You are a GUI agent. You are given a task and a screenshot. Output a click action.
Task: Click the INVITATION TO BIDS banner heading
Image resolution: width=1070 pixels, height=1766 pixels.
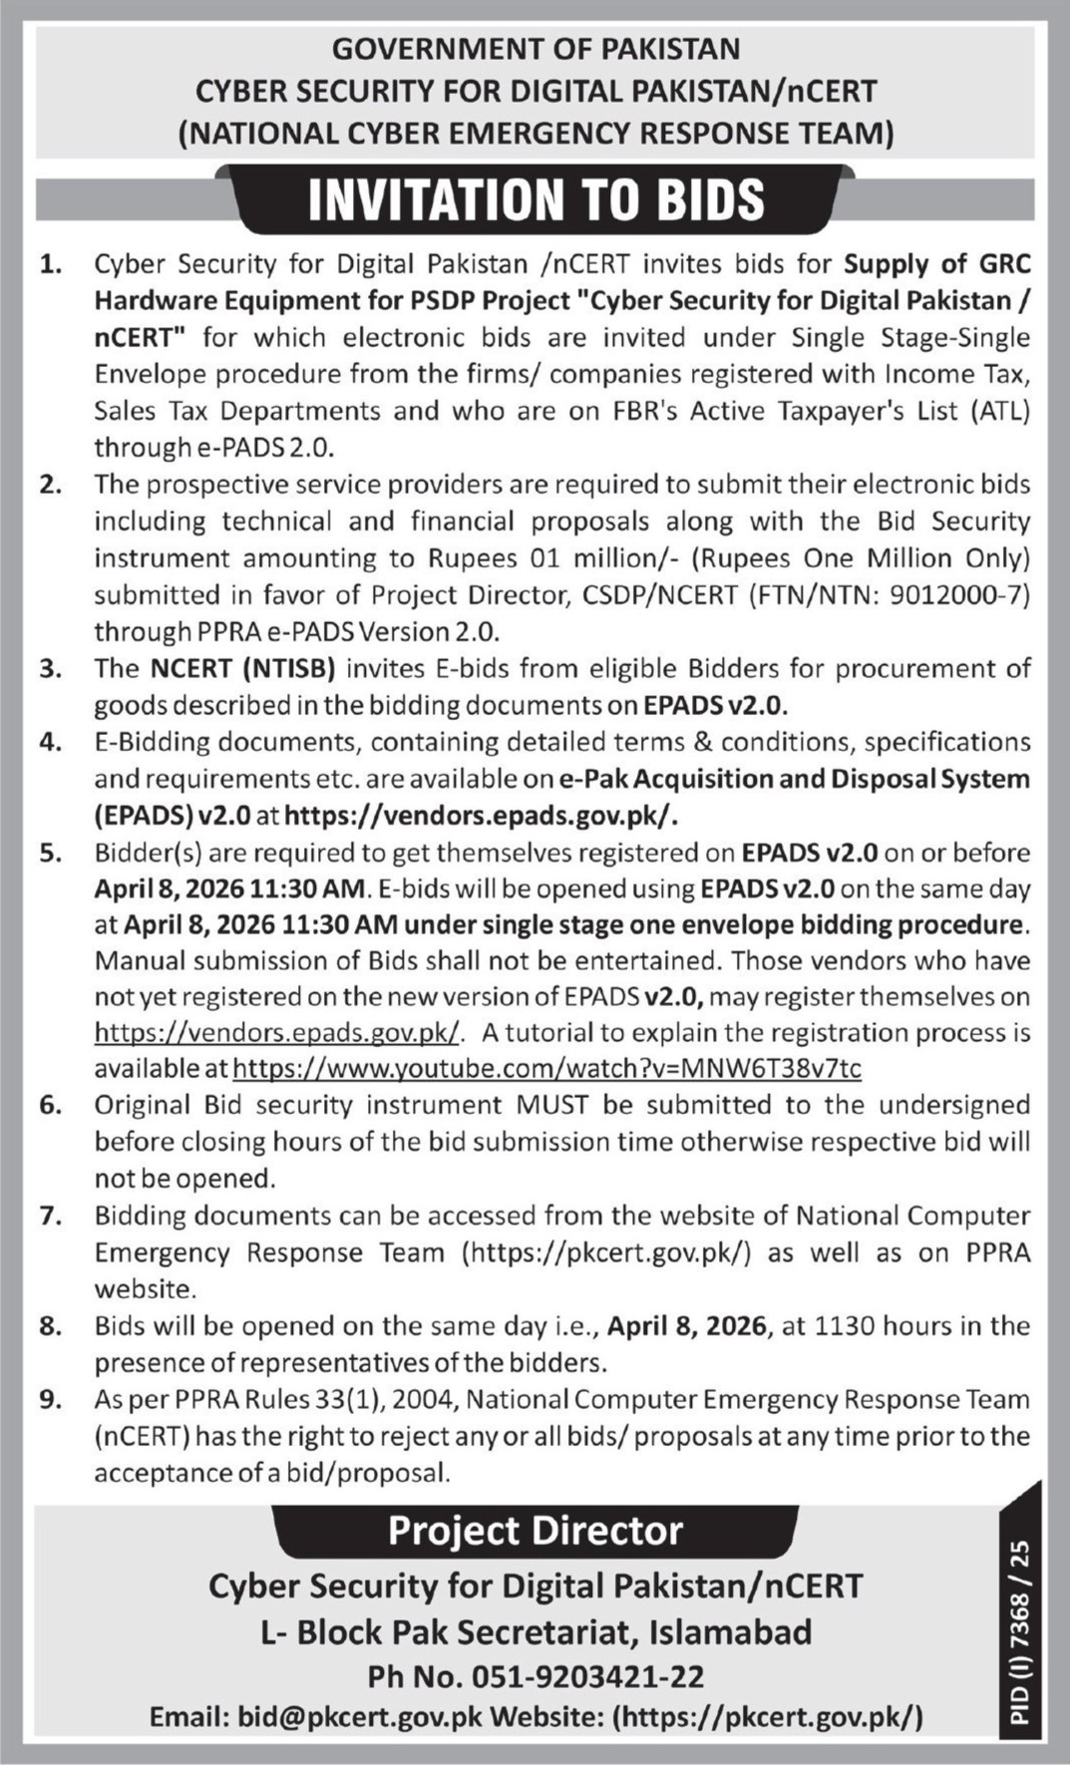click(x=535, y=199)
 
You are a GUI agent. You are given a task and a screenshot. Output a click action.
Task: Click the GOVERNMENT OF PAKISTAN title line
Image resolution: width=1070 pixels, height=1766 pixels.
click(x=535, y=49)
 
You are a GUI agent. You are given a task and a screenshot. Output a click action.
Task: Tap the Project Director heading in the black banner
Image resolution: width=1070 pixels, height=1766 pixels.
click(x=535, y=1529)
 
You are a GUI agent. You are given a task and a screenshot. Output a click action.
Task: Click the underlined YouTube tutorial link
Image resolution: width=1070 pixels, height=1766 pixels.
click(x=547, y=1068)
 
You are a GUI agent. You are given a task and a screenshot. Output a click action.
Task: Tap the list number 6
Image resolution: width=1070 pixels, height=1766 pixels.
click(x=50, y=1105)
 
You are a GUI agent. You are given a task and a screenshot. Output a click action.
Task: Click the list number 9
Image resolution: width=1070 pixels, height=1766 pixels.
click(x=50, y=1399)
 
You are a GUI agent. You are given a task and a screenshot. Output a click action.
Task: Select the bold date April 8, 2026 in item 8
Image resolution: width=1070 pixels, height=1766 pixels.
click(x=688, y=1326)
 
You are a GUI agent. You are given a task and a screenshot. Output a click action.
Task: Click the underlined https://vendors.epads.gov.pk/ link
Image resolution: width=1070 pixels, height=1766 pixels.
click(x=277, y=1032)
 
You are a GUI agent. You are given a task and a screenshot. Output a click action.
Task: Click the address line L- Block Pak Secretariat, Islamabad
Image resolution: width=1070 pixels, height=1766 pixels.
click(x=535, y=1631)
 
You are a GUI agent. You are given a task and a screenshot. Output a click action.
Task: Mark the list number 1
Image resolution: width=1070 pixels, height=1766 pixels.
click(x=50, y=264)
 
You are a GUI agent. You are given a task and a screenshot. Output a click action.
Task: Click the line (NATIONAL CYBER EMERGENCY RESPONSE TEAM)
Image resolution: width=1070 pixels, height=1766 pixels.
click(x=535, y=133)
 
